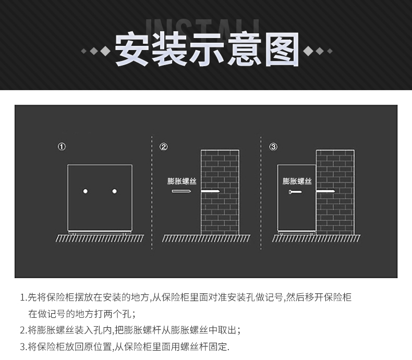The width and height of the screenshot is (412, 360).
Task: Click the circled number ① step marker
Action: tap(62, 146)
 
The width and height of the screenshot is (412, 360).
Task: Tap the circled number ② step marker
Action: tap(163, 147)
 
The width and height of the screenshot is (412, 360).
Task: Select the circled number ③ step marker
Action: tap(273, 147)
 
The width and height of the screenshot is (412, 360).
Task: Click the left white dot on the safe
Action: tap(86, 191)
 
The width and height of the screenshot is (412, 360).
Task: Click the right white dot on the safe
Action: tap(114, 191)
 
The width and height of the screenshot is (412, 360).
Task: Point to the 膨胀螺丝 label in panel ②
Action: tap(182, 181)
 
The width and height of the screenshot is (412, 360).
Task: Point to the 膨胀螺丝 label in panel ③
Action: tap(297, 181)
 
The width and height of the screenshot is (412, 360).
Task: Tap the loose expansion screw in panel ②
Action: tap(181, 191)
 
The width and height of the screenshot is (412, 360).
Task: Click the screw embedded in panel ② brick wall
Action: tap(211, 191)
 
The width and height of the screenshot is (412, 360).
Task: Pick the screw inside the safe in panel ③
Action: tap(295, 192)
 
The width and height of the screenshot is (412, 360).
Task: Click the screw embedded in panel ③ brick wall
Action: tap(325, 191)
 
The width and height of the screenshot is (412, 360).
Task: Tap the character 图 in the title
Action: tap(282, 49)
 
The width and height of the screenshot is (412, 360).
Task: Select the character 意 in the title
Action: tap(245, 49)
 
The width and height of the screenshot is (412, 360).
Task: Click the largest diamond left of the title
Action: tap(105, 51)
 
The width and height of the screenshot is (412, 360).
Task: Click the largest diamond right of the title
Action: tap(308, 51)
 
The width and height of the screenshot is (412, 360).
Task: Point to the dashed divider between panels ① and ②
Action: tap(152, 193)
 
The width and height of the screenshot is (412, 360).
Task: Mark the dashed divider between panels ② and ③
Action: tap(261, 193)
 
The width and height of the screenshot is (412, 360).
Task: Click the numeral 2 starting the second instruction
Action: tap(22, 330)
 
